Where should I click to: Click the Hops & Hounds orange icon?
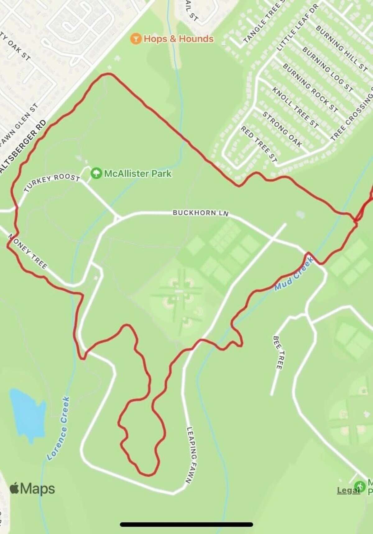tap(135, 39)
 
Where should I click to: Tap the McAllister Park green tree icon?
tap(96, 173)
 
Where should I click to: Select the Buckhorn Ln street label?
tap(200, 213)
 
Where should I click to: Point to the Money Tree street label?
tap(28, 251)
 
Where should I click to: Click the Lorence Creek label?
tap(59, 428)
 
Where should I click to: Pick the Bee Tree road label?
tap(278, 352)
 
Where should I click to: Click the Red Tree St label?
tap(259, 145)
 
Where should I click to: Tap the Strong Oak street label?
tap(282, 129)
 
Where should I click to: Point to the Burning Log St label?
tap(328, 70)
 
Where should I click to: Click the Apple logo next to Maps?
tap(14, 489)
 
